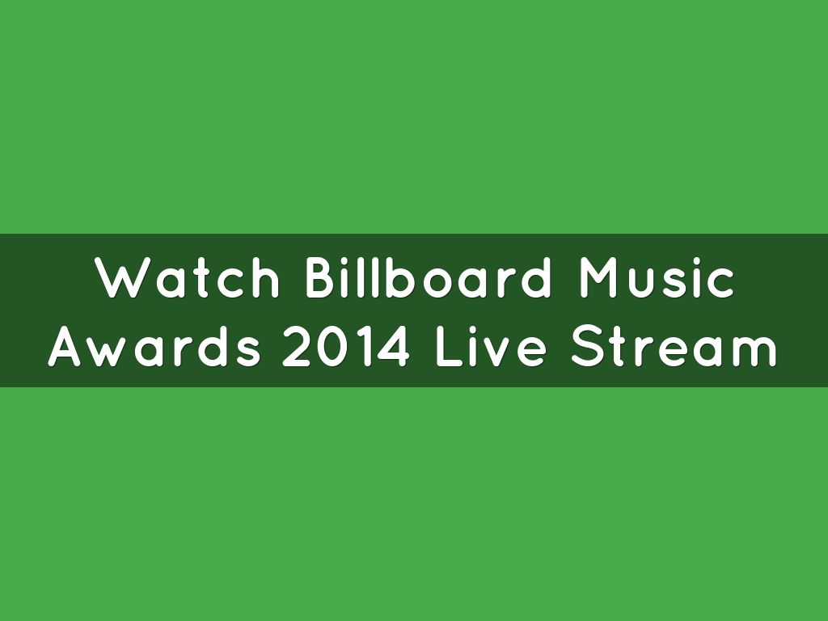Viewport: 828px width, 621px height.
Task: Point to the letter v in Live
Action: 496,352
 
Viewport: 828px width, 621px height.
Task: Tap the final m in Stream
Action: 755,352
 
